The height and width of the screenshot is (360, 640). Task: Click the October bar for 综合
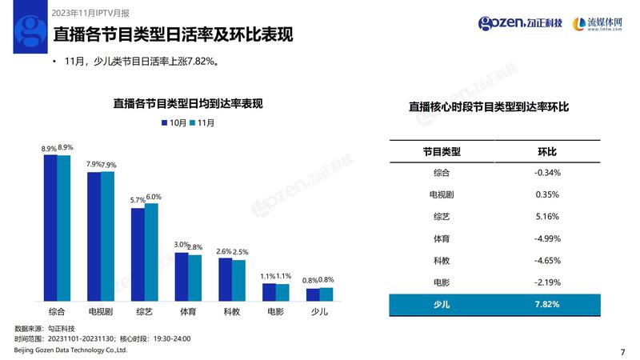point(50,228)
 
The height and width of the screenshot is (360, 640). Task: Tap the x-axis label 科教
point(232,311)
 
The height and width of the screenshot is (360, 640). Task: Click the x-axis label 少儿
point(319,311)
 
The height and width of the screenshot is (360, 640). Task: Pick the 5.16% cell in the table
point(547,216)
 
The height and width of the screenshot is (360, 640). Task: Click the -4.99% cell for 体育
point(547,238)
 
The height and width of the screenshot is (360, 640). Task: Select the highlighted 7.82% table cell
point(547,304)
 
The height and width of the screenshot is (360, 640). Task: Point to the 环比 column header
point(547,151)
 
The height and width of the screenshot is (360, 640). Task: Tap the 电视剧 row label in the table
point(442,194)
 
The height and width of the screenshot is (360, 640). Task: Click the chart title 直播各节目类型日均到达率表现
point(188,104)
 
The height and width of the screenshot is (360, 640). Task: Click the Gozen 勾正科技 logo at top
point(521,22)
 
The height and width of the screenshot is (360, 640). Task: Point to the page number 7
point(622,350)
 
